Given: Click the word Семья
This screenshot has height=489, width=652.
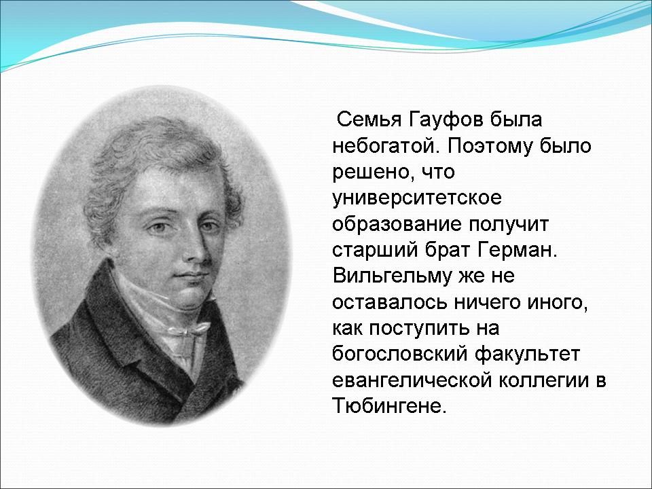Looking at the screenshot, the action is [x=369, y=120].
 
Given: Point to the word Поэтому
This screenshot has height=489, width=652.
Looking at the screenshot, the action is [x=490, y=147].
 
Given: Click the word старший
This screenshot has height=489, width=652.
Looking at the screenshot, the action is [x=375, y=251].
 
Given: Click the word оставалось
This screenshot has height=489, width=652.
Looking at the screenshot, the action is [x=388, y=303].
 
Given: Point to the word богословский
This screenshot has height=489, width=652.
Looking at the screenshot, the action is [x=399, y=355].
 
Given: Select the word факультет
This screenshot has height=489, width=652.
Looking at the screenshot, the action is [x=527, y=355].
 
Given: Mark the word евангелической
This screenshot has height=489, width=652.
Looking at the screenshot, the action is [x=412, y=381].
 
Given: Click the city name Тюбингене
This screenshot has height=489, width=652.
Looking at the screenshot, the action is [x=389, y=406].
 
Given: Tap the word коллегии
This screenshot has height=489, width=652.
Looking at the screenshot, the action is [x=543, y=381].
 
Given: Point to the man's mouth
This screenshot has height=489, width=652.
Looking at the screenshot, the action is [x=192, y=276].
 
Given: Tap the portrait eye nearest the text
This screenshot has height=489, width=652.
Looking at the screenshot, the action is [x=208, y=227].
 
